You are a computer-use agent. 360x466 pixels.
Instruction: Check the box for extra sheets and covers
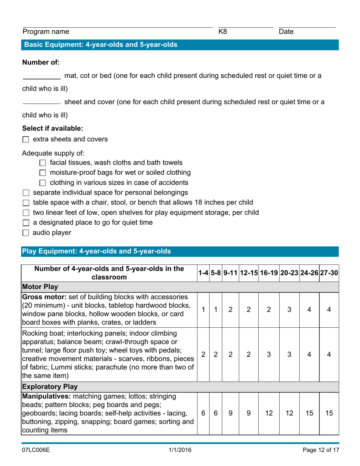[x=26, y=140]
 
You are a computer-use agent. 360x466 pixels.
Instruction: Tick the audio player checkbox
[x=26, y=233]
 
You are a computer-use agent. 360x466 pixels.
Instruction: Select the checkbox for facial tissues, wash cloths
[x=42, y=163]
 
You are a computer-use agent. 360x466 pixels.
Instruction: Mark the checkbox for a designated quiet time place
[x=26, y=223]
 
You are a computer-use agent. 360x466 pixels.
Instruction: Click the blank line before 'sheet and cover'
[x=41, y=102]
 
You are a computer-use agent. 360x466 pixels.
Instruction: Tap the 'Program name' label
[x=46, y=33]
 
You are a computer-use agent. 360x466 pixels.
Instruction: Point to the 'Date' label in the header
[x=286, y=33]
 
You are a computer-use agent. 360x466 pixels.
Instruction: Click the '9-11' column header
[x=230, y=273]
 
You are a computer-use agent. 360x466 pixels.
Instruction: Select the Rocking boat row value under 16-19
[x=268, y=361]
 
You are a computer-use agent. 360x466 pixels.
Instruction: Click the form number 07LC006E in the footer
[x=36, y=450]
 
